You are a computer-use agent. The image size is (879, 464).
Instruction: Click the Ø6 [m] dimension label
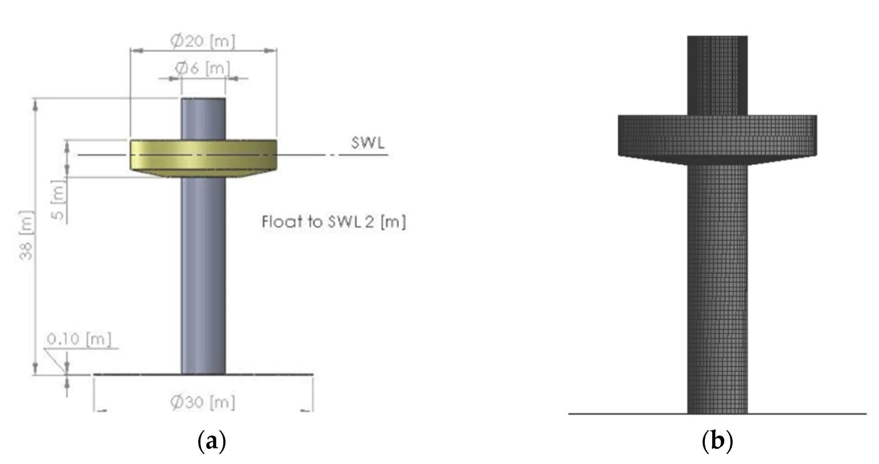[203, 68]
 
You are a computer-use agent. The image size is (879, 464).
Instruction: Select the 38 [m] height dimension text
[26, 236]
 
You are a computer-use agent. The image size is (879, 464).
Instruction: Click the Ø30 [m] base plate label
[203, 402]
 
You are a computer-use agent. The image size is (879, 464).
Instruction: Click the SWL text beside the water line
[368, 143]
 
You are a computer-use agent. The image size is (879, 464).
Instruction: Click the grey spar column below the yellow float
[203, 273]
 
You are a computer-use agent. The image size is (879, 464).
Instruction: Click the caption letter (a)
[212, 442]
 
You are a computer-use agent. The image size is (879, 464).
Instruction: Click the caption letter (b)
[717, 442]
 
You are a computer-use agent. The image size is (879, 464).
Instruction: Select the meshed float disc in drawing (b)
[717, 136]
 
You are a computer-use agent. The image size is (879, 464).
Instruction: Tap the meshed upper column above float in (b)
[717, 75]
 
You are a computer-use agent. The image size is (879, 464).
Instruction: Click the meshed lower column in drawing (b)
[717, 290]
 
